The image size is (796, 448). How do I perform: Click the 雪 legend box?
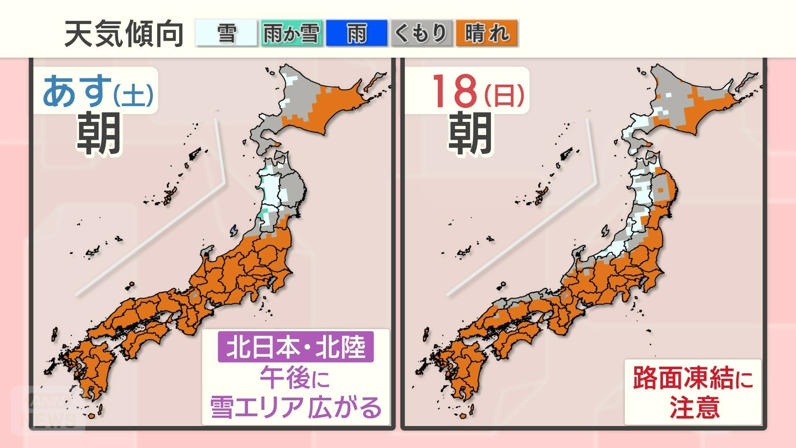(226, 33)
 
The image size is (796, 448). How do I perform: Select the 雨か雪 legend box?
(291, 33)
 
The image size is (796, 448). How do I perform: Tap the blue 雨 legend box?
(356, 33)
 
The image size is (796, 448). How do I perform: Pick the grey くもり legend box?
(421, 33)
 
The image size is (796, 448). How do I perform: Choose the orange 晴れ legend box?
(486, 33)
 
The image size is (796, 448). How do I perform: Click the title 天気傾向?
(124, 34)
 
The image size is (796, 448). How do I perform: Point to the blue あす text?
(77, 90)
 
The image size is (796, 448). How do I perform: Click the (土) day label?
(133, 95)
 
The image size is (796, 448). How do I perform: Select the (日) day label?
(505, 95)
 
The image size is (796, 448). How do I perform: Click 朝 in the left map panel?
(99, 134)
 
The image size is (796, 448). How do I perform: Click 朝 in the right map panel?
(470, 134)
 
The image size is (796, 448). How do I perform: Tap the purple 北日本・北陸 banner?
(296, 347)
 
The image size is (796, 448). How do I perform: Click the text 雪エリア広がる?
(296, 407)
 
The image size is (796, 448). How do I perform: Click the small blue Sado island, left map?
(234, 230)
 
